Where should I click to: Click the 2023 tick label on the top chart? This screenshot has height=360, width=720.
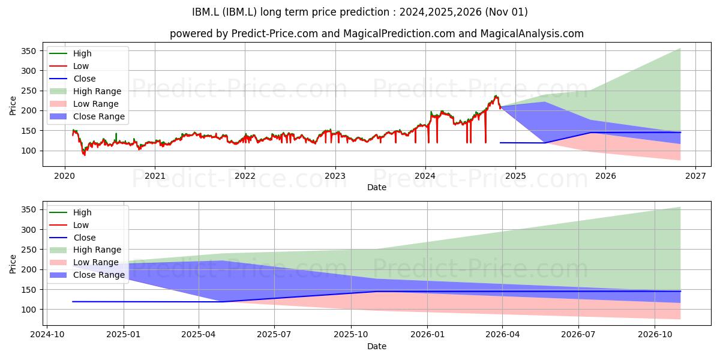coord(335,176)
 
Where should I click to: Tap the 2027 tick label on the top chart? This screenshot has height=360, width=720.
coord(695,176)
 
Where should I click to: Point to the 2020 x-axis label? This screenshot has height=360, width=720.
coord(64,176)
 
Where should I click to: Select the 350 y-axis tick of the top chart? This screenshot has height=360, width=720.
coord(29,51)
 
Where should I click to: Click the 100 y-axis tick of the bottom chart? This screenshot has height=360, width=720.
coord(29,310)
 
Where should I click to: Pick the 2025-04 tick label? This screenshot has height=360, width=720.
coord(199,335)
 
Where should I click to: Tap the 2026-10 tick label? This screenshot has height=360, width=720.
coord(655,335)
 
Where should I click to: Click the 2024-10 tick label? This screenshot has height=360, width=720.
coord(47,335)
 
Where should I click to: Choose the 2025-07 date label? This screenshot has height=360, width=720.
coord(274,335)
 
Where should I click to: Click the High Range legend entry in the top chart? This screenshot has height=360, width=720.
coord(86,91)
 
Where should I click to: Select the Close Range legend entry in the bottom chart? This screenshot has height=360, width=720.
coord(87,275)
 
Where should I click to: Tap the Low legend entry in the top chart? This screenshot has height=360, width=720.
coord(69,66)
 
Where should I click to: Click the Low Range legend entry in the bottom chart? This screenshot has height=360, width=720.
coord(84,262)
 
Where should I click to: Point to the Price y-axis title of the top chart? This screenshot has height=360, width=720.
coord(13,106)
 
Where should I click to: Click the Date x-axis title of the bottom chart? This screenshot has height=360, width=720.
coord(377,346)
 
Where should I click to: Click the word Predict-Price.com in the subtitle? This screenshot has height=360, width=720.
coord(275,34)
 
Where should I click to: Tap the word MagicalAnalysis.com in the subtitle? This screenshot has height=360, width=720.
coord(532,34)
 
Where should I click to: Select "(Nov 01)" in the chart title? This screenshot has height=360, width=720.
coord(506,12)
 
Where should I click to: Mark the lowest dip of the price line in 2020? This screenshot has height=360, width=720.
coord(85,155)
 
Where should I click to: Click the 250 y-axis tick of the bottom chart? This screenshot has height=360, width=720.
coord(29,250)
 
